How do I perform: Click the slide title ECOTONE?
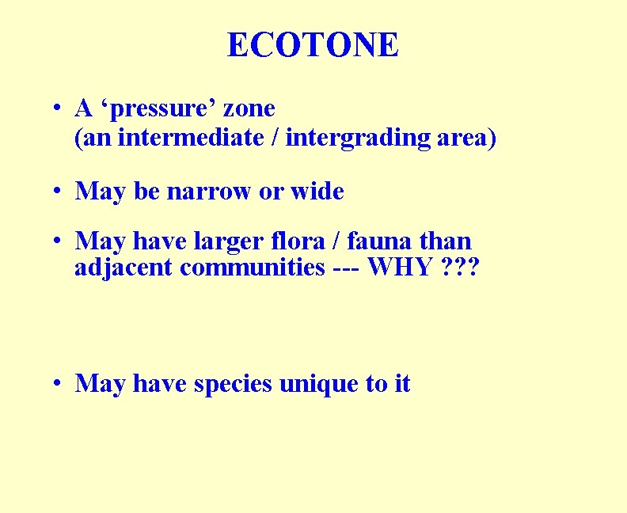313,45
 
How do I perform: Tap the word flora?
338,241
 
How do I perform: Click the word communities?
249,268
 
